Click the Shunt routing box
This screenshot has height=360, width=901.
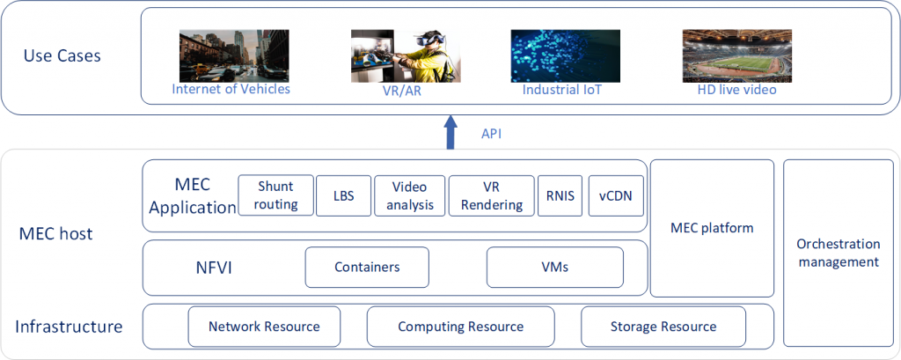tap(276, 195)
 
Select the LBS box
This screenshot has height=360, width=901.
tap(344, 195)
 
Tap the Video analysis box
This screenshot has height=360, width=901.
tap(410, 195)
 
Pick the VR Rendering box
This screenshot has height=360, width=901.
tap(492, 195)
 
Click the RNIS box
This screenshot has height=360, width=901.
tap(560, 195)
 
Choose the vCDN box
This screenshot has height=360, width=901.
tap(615, 195)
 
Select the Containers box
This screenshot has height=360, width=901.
tap(367, 267)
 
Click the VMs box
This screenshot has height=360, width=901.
tap(555, 267)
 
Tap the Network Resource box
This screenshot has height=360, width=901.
tap(264, 327)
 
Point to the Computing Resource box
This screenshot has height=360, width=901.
tap(461, 327)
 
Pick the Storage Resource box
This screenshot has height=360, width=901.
tap(663, 327)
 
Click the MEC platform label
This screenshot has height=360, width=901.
tap(712, 228)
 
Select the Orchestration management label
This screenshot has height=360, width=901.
tap(839, 253)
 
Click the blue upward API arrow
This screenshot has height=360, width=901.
tap(451, 132)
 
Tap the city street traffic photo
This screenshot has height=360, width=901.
tap(234, 55)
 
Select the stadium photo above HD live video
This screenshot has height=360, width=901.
tap(736, 55)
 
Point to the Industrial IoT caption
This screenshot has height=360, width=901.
tap(562, 91)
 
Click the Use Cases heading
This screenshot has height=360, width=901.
tap(62, 55)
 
